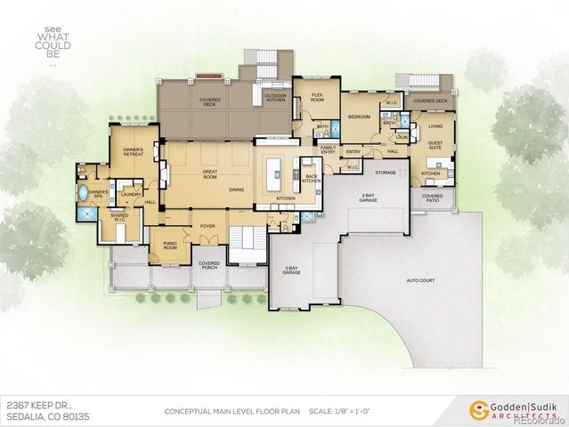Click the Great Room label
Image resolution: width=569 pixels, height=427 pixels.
(x=211, y=173)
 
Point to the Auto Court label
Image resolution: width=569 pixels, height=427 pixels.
(x=419, y=281)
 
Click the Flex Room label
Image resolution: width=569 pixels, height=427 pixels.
(x=316, y=98)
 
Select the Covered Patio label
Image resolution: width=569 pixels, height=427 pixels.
(x=432, y=197)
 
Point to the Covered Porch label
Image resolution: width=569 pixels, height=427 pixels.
(x=209, y=264)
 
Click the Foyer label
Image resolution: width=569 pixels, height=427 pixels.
(x=207, y=227)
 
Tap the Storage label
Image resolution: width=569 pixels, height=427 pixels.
(x=385, y=173)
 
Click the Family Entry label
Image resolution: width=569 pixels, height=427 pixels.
(x=329, y=149)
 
